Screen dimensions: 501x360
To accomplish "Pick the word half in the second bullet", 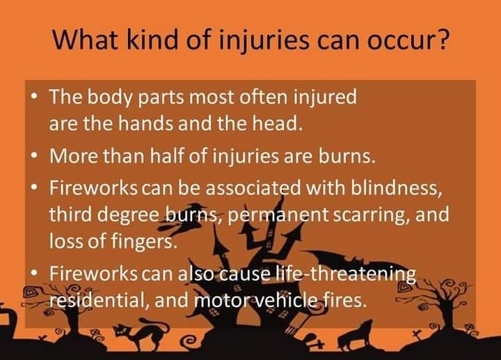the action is (167, 157).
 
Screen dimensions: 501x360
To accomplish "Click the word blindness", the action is (397, 188).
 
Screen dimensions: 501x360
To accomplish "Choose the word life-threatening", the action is (346, 274).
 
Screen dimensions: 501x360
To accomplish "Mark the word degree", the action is (129, 215).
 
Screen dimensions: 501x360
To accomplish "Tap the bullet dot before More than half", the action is (35, 157).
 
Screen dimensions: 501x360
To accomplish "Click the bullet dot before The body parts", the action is (35, 96).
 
